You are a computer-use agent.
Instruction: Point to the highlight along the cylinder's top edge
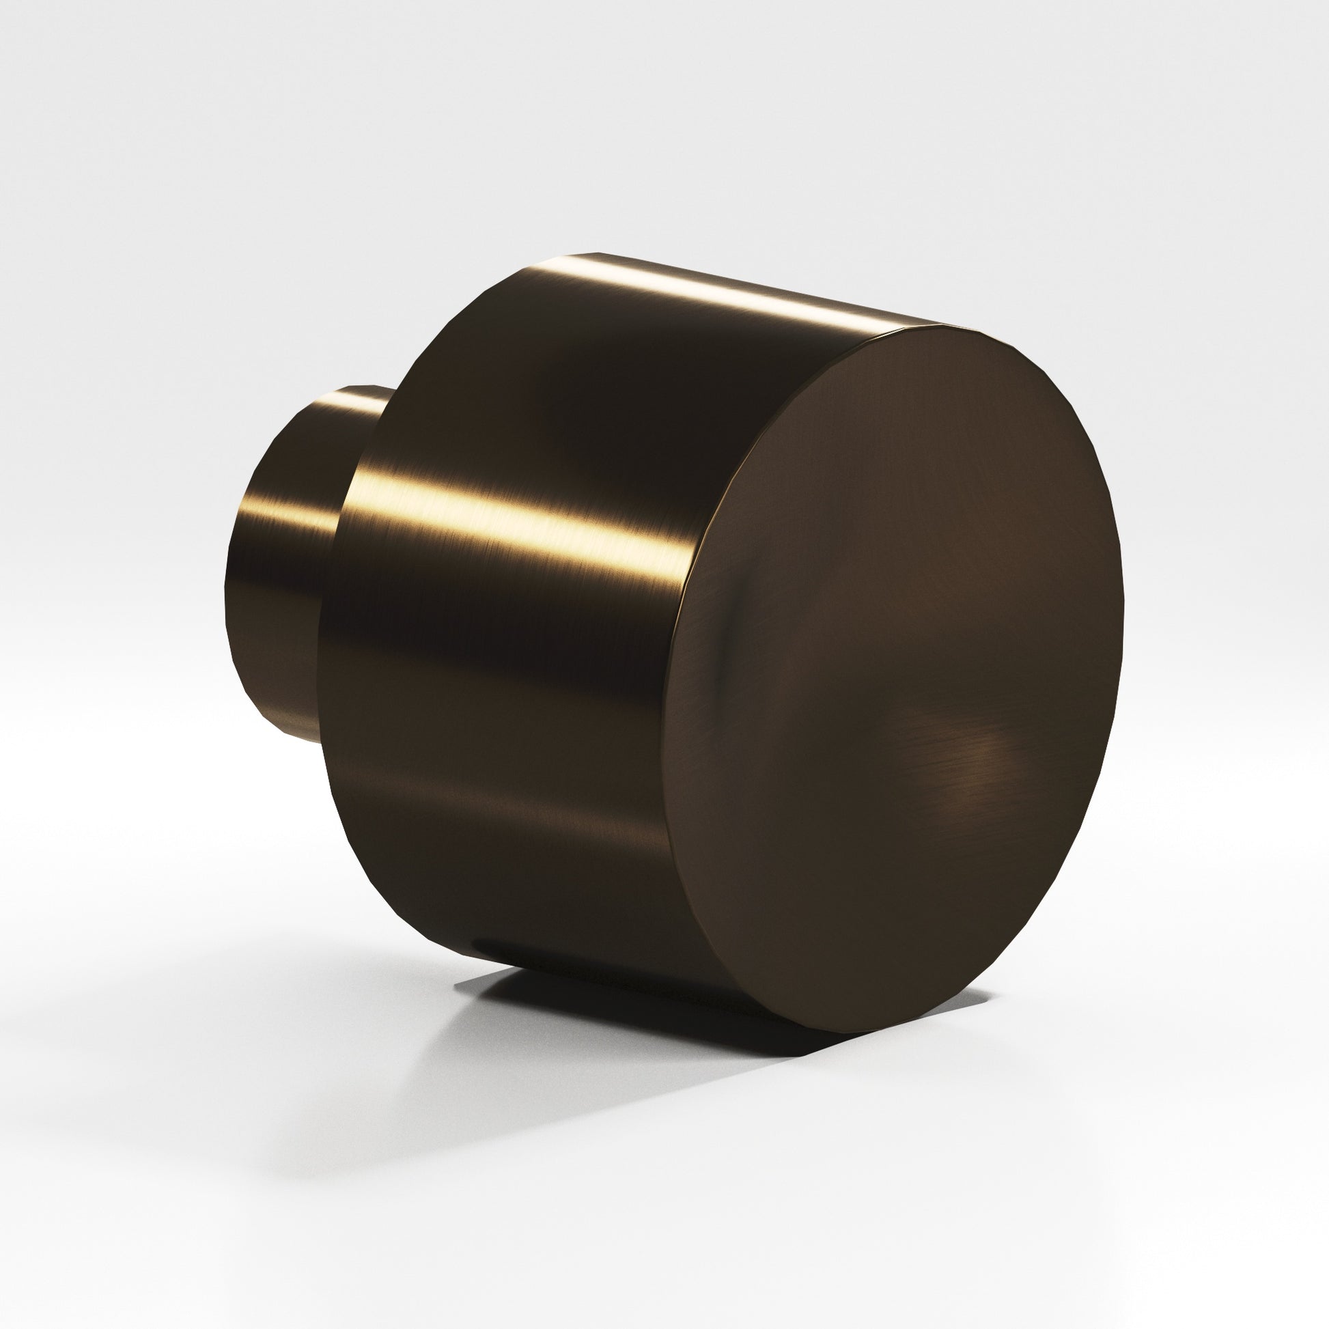[x=723, y=292]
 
